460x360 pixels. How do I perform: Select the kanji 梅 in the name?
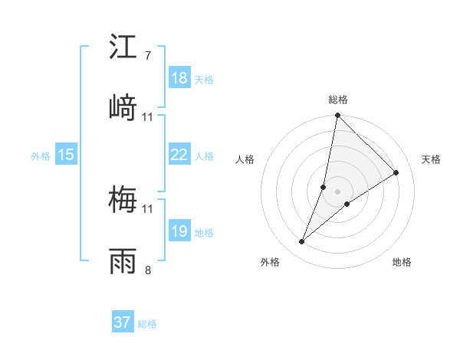click(123, 200)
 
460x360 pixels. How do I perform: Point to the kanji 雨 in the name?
click(123, 261)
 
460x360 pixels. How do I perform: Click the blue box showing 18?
click(179, 78)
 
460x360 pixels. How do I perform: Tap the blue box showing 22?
click(179, 155)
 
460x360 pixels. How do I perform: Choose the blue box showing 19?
click(179, 231)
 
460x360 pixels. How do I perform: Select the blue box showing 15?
click(65, 155)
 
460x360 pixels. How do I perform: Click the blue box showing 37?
click(122, 322)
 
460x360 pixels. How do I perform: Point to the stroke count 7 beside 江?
click(147, 56)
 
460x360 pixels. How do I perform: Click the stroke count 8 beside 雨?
click(147, 270)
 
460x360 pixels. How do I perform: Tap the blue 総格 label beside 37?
click(148, 324)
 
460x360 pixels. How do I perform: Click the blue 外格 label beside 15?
click(41, 155)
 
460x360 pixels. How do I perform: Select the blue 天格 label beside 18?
click(204, 80)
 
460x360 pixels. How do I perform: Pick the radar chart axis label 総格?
click(337, 100)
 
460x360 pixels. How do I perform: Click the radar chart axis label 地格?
click(402, 262)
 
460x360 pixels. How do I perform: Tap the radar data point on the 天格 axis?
click(396, 173)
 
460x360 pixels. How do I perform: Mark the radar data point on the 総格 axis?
click(337, 116)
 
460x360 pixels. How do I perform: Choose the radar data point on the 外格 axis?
click(302, 242)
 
